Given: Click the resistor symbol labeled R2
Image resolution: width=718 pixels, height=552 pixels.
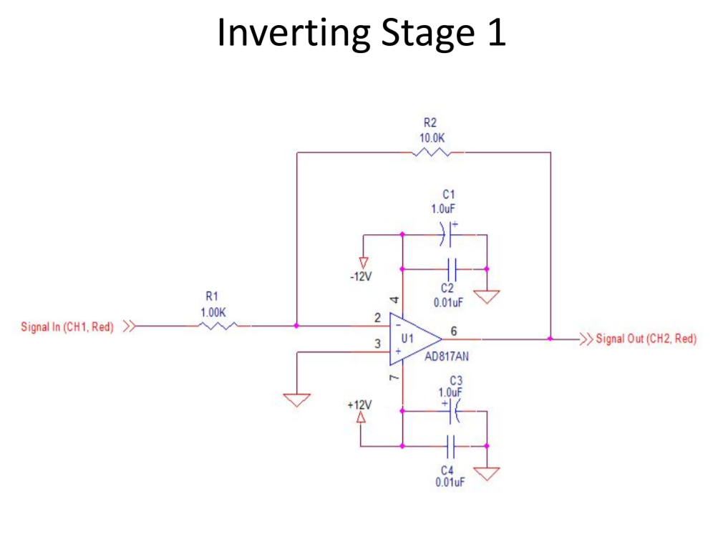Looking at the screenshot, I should pos(431,152).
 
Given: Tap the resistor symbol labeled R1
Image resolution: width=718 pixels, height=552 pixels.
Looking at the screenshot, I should pos(217,326).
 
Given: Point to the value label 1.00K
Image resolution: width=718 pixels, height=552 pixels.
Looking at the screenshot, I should pos(213,312).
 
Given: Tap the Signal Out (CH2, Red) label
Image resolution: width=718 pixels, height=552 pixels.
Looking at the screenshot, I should pos(646,339).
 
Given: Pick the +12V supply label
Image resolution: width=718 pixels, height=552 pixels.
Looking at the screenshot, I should pos(359,405).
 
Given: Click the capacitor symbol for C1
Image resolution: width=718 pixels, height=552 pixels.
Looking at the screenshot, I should pos(450,234).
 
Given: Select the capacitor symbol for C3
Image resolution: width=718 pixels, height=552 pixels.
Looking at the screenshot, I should pos(452,410).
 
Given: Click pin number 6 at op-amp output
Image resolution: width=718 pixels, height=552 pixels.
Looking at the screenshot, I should pos(454,330).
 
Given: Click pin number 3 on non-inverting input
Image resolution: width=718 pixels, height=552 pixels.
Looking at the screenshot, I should pos(377,344).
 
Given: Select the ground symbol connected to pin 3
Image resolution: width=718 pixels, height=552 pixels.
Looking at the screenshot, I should pos(297,398).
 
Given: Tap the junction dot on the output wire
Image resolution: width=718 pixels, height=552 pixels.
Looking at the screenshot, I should pos(550,338).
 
